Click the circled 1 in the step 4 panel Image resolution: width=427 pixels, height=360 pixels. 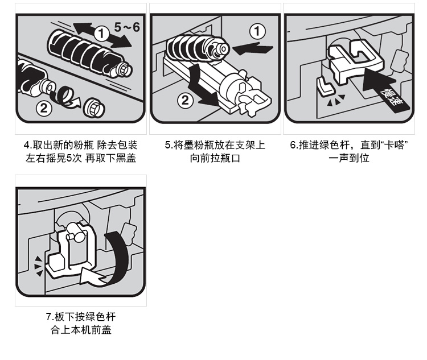(101, 34)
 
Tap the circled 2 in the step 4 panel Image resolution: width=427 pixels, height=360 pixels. (44, 108)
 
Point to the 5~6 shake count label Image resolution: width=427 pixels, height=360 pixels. (127, 27)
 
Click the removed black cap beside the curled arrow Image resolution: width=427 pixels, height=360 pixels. (94, 107)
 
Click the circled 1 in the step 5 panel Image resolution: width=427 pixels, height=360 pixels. (257, 31)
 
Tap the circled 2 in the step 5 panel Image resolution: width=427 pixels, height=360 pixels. (185, 100)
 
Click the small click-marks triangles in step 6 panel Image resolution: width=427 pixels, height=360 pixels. (336, 100)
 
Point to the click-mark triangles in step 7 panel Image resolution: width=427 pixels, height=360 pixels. (38, 266)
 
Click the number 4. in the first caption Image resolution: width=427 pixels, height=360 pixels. (27, 145)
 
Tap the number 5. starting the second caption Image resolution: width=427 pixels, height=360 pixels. (169, 145)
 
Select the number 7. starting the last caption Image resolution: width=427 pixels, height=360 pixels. (50, 317)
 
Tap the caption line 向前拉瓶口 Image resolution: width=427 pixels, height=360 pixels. (215, 158)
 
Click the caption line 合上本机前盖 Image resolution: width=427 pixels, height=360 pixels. (81, 330)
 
